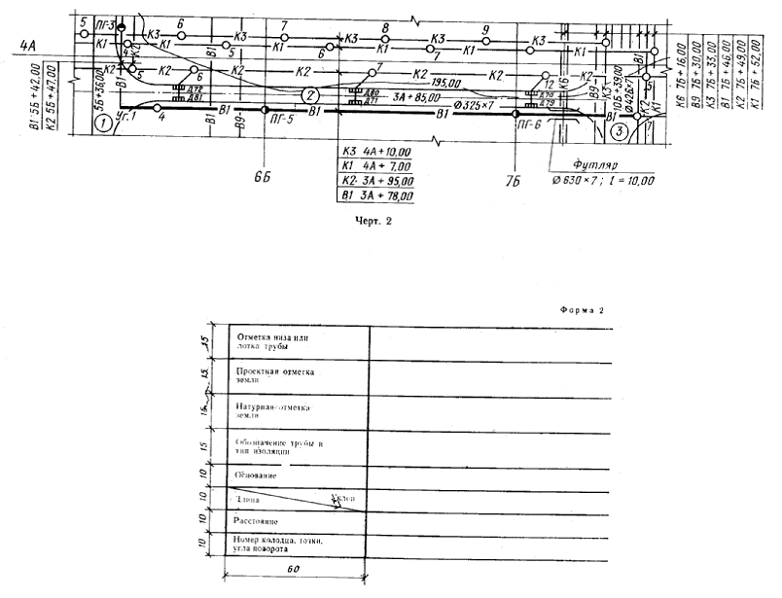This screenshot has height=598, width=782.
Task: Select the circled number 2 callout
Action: click(309, 95)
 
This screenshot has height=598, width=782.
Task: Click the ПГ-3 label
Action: click(108, 23)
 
